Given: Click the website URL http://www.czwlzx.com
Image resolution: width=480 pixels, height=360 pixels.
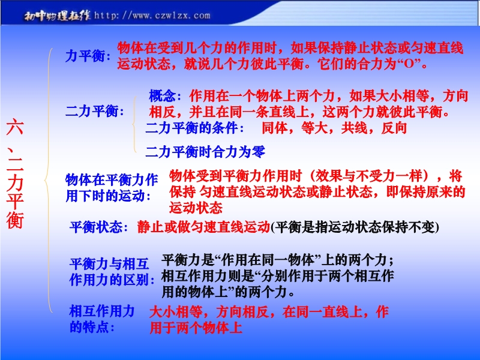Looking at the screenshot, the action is point(152,16).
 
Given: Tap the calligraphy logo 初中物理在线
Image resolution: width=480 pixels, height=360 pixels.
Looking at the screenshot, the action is point(57,16).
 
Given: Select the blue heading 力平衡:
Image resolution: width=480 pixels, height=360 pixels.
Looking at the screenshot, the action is point(88,56).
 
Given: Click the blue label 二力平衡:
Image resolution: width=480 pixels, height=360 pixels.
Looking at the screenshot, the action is point(95,111).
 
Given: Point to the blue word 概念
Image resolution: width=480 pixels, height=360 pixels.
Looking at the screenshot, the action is point(162,96).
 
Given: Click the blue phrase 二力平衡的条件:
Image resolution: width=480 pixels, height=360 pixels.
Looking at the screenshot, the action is point(194,128).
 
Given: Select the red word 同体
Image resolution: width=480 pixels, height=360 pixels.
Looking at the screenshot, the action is point(275,128).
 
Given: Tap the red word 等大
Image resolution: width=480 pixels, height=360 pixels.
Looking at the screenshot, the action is point(314,128).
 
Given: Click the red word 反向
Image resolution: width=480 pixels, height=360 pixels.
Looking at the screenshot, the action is point(394,128).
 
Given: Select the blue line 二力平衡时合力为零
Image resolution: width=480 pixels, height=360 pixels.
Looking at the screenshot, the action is point(205,152).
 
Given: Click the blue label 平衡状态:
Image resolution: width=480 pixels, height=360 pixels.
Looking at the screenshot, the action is point(99,227).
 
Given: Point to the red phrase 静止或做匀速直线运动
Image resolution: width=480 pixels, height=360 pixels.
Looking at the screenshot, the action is point(203,227).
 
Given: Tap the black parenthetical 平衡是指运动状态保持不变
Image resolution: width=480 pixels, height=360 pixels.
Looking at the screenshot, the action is point(355,227).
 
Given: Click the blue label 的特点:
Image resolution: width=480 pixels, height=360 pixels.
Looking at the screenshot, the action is point(92,327).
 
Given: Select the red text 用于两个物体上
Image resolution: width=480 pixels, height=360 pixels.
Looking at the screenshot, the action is point(196,328).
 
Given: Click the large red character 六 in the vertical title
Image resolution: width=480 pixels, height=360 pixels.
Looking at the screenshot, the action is point(15,127).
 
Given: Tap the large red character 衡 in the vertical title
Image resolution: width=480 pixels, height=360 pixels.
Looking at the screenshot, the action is point(15,220).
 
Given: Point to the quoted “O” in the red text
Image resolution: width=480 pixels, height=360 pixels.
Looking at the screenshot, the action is point(409,64).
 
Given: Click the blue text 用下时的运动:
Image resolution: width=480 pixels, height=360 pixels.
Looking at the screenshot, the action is point(109,196).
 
